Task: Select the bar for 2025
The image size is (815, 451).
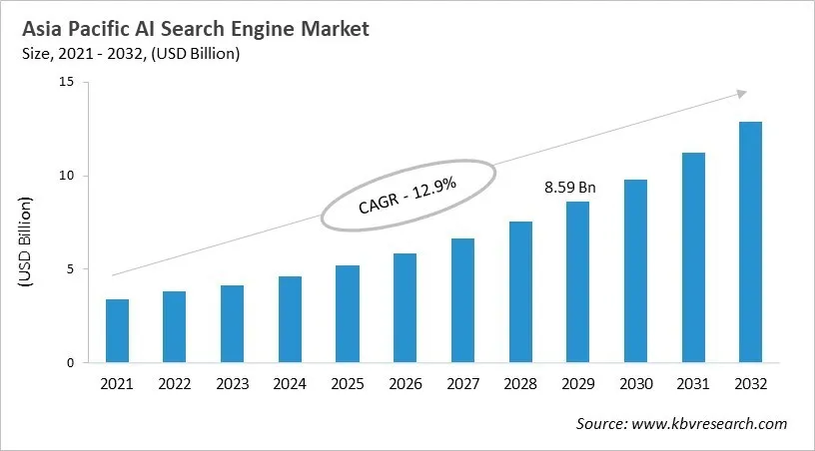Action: [x=347, y=313]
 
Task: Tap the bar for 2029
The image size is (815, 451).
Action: [x=576, y=281]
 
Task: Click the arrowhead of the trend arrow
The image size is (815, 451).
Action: [x=742, y=93]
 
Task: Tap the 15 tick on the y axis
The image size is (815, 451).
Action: [x=67, y=83]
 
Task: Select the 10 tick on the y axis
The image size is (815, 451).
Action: [x=67, y=176]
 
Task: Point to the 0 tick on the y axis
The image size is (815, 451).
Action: [x=71, y=363]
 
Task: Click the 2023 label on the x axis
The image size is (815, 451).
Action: [x=232, y=383]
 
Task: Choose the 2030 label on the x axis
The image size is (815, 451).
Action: [x=634, y=383]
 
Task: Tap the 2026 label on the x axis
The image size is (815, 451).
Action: [x=405, y=383]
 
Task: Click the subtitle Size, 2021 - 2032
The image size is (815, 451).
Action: [x=129, y=54]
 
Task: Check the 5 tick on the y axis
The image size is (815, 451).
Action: [x=71, y=269]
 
